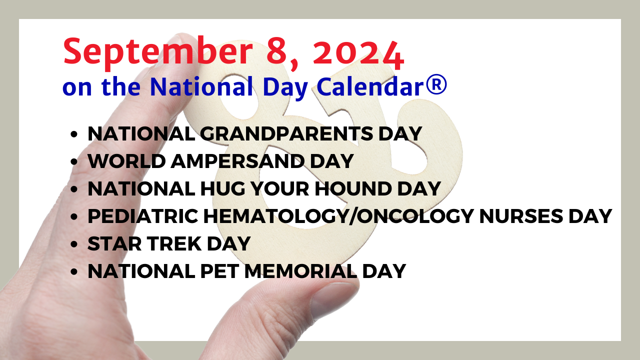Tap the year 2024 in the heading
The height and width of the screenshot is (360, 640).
pos(358,55)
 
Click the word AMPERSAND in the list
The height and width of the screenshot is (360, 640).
pos(237,161)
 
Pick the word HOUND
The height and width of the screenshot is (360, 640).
pos(353,188)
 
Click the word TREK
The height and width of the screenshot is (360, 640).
pos(174,243)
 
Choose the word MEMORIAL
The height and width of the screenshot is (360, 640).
pos(301,271)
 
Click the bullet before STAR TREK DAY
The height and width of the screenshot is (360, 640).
pos(73,244)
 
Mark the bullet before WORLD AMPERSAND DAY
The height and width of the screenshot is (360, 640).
pos(73,161)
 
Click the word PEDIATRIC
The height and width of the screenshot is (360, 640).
pos(143,216)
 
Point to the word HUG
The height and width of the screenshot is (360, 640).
pos(222,188)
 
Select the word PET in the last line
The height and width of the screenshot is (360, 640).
pos(219,271)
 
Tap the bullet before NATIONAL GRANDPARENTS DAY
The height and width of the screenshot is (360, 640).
pos(73,134)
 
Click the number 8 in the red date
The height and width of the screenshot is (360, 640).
pos(277,52)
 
